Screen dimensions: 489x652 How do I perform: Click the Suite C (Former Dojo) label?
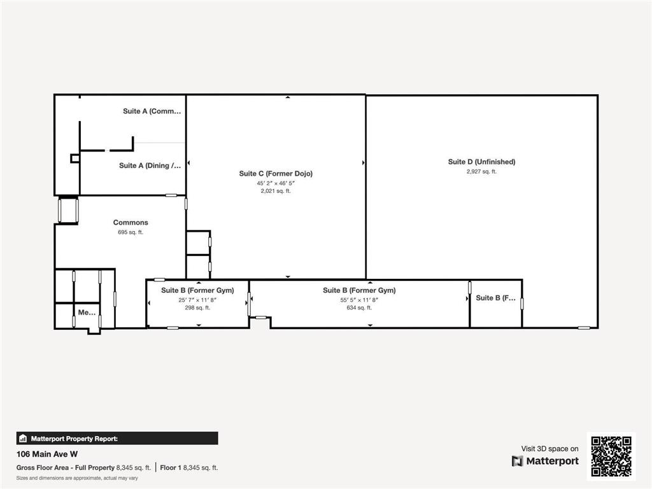pos(276,173)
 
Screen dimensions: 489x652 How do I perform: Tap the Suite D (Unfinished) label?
pos(481,162)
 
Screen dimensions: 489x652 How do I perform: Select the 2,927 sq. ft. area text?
pos(481,171)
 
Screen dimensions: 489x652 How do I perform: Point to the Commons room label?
pos(131,222)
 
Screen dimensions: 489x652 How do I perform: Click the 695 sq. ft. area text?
pos(131,232)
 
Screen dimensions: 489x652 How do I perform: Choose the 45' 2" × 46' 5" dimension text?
pos(276,183)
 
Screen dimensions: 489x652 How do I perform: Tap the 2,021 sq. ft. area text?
pos(276,191)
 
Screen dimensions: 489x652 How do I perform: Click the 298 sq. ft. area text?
pos(197,308)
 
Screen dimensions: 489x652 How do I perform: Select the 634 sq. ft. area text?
pos(359,308)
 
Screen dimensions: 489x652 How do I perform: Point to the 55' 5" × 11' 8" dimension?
pos(359,299)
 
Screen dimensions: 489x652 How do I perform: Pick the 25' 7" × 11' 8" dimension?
pos(197,299)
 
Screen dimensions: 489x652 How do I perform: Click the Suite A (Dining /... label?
pos(150,166)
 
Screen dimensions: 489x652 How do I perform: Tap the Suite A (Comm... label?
pos(152,111)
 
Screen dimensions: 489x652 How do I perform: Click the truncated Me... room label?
pos(87,313)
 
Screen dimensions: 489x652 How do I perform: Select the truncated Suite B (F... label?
pos(496,297)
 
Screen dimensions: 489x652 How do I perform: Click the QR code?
pos(611,456)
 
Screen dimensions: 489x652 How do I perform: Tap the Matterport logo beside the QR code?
pos(546,461)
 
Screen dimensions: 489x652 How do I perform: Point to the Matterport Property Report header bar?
pos(117,438)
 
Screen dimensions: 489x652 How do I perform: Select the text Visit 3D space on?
pos(549,449)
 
